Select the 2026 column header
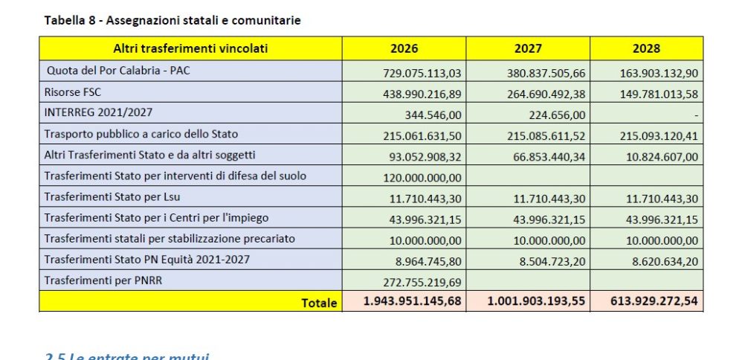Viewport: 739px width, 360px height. (404, 49)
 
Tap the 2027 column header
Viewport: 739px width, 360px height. (528, 49)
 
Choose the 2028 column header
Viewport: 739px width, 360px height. (646, 49)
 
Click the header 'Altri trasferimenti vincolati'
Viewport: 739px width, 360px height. (190, 49)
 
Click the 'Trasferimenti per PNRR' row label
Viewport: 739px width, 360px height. (103, 280)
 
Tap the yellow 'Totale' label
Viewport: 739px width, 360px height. (319, 302)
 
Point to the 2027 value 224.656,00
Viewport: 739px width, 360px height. (555, 113)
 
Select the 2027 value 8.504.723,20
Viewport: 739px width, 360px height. (546, 259)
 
